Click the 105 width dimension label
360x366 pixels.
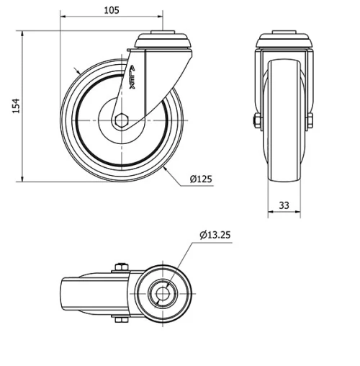pyautogui.click(x=111, y=10)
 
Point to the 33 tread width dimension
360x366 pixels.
pyautogui.click(x=284, y=205)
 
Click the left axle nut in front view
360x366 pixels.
pyautogui.click(x=255, y=120)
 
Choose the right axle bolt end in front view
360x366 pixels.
pyautogui.click(x=312, y=120)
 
